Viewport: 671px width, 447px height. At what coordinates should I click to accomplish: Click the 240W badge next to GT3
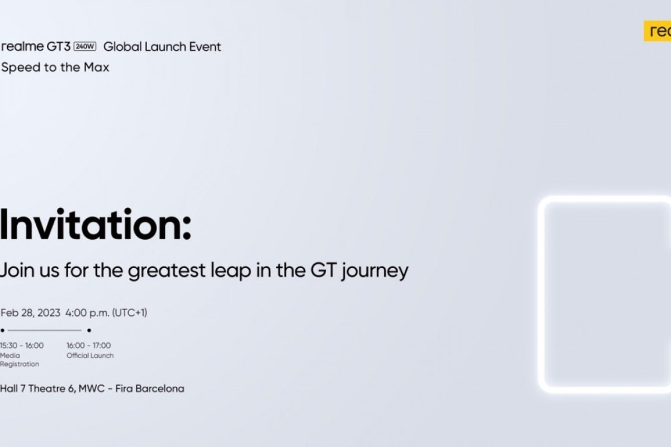click(85, 46)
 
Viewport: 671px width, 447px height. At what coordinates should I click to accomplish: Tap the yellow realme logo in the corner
click(658, 31)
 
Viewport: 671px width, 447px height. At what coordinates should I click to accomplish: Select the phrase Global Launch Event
click(162, 47)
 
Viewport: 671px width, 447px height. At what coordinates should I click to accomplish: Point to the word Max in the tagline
click(96, 67)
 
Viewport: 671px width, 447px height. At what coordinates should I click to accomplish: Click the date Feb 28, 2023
click(30, 313)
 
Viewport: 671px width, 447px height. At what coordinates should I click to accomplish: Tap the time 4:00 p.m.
click(87, 313)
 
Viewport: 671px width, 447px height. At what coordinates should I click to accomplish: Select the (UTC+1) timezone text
click(130, 313)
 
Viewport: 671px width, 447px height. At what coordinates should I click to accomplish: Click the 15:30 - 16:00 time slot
click(22, 345)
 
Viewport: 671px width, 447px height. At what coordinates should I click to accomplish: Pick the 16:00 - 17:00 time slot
click(89, 345)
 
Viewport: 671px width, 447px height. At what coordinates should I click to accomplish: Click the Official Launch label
click(90, 355)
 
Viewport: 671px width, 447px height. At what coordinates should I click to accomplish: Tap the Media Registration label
click(20, 360)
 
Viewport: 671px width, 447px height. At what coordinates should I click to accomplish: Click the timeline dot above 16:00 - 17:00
click(89, 331)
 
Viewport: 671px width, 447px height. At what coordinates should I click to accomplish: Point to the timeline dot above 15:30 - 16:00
click(2, 331)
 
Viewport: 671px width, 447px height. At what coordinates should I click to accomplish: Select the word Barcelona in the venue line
click(160, 389)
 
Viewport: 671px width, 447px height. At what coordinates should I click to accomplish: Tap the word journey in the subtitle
click(375, 271)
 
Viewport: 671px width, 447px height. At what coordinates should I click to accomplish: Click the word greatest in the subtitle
click(167, 271)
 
